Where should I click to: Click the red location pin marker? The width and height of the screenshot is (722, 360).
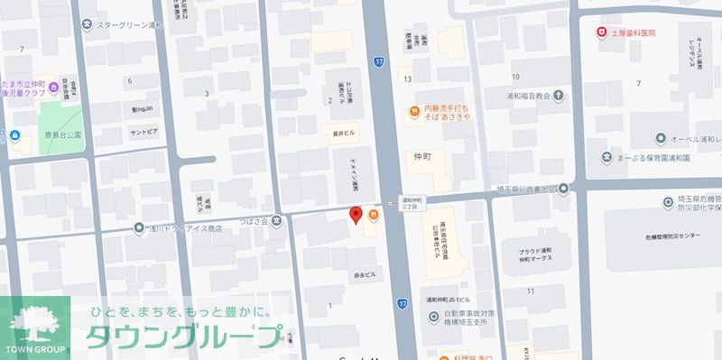pos(356,215)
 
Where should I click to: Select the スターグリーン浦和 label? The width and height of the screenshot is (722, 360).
pos(130,25)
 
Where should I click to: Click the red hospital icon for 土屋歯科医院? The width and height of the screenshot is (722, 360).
pos(601,32)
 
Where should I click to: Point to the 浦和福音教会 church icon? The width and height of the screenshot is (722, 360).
pos(558,94)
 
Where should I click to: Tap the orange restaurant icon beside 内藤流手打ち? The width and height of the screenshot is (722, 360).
pos(412,112)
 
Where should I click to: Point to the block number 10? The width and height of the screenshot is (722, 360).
pos(515,77)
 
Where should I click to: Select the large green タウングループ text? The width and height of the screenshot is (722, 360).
pos(183,337)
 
